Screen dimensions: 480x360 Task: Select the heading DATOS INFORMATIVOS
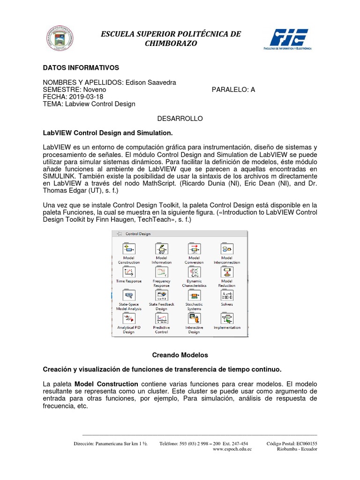click(x=81, y=68)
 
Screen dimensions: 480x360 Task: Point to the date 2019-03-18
click(x=82, y=97)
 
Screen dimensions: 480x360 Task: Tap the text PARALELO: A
click(x=233, y=90)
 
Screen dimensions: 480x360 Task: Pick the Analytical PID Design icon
click(x=128, y=319)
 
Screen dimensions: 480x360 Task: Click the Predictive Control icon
click(x=161, y=319)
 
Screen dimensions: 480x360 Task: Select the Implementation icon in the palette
click(x=227, y=319)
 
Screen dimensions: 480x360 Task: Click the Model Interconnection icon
click(x=227, y=248)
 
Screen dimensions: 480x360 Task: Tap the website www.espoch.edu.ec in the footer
click(x=232, y=449)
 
